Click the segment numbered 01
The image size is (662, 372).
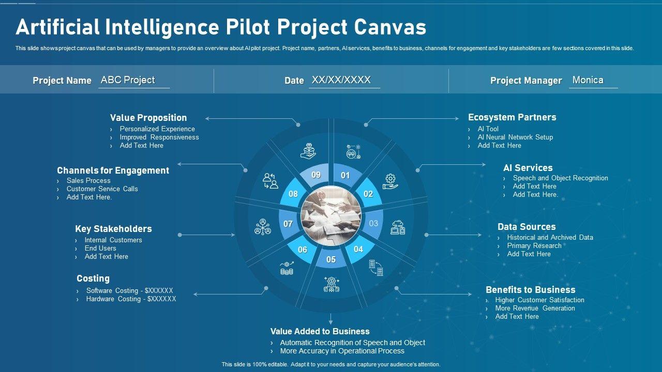tap(345, 176)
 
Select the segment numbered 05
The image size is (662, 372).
tap(331, 259)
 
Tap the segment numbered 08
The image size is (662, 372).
tap(293, 194)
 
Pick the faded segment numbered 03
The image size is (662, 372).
tap(373, 224)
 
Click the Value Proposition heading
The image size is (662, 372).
tap(148, 118)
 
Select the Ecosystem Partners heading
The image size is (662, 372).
tap(512, 117)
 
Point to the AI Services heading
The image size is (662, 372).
tap(528, 168)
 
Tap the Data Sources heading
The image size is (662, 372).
tap(526, 227)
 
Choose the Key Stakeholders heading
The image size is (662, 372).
tap(113, 229)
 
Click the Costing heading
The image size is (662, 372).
tap(93, 278)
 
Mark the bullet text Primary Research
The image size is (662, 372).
tap(534, 246)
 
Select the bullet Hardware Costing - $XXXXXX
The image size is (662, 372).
tap(131, 299)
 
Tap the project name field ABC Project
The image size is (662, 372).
tap(128, 80)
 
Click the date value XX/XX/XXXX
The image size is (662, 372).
tap(341, 80)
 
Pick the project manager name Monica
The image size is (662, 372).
tap(588, 80)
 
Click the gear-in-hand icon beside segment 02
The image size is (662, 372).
tap(390, 181)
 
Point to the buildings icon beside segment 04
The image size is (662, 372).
tap(376, 268)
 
